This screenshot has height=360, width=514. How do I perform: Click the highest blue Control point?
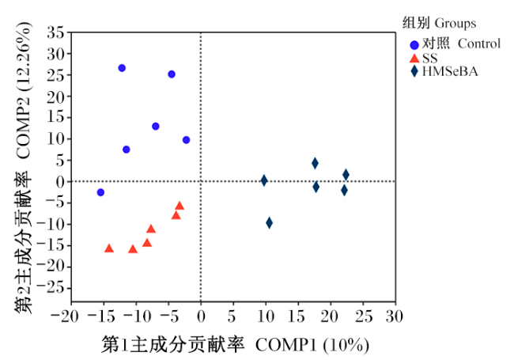pyautogui.click(x=122, y=68)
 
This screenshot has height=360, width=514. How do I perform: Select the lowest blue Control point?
pyautogui.click(x=100, y=192)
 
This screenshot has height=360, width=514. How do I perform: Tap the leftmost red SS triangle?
pyautogui.click(x=109, y=248)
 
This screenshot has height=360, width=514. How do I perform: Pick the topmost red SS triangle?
pyautogui.click(x=180, y=206)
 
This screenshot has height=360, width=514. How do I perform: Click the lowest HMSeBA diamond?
pyautogui.click(x=269, y=223)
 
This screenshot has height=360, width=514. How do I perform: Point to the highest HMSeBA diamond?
pyautogui.click(x=315, y=163)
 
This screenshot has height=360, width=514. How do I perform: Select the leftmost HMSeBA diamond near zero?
pyautogui.click(x=264, y=180)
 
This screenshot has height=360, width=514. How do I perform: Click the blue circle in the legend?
pyautogui.click(x=414, y=45)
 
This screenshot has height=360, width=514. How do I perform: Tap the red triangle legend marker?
pyautogui.click(x=414, y=58)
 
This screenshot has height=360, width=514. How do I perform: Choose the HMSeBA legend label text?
pyautogui.click(x=450, y=71)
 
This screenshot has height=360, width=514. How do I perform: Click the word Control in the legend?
pyautogui.click(x=479, y=44)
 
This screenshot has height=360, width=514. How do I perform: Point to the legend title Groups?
pyautogui.click(x=455, y=24)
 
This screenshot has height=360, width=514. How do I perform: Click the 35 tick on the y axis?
pyautogui.click(x=55, y=32)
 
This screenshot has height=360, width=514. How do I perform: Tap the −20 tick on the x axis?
pyautogui.click(x=65, y=316)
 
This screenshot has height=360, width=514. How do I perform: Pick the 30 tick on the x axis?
pyautogui.click(x=395, y=316)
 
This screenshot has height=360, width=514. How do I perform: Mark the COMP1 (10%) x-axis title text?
pyautogui.click(x=312, y=345)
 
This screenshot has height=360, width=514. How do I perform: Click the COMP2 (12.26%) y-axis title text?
pyautogui.click(x=24, y=89)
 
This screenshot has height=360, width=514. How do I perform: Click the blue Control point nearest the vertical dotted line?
pyautogui.click(x=186, y=140)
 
